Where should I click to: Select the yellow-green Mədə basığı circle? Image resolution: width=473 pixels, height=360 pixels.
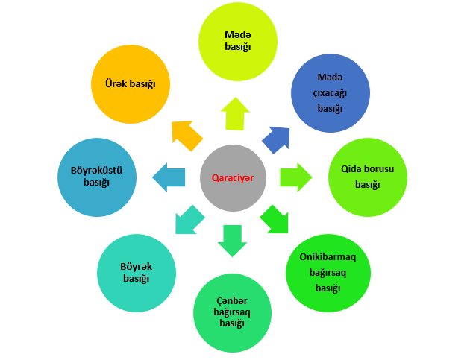coord(237,41)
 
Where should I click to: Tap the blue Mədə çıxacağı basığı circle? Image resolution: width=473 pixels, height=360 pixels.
coord(329,92)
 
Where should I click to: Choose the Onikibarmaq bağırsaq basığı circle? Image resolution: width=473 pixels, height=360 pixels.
coord(327,272)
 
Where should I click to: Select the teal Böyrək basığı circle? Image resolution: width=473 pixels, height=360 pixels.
coord(136,273)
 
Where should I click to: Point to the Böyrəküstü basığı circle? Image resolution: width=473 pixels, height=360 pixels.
coord(97,177)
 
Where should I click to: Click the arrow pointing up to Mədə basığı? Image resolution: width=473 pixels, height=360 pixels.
coord(236,114)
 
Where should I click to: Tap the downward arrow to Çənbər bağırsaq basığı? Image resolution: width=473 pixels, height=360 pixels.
coord(232,240)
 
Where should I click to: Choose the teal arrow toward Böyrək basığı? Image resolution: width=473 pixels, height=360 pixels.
coord(188,219)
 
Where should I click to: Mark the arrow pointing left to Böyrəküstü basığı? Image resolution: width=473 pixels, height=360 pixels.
coord(169,177)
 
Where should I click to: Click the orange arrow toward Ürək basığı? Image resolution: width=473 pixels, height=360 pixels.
coord(187,135)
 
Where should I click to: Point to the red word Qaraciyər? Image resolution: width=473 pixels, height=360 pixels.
coord(233,177)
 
